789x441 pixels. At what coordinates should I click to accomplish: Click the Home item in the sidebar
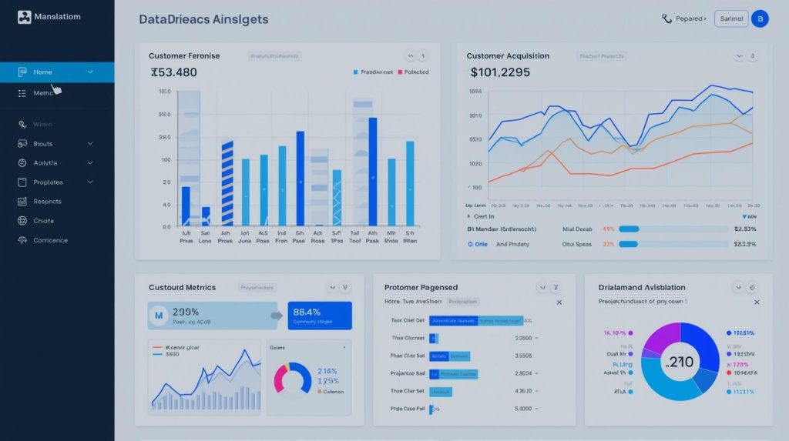[43, 72]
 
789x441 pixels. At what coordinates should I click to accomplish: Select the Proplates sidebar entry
[48, 182]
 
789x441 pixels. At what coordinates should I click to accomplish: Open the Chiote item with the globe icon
[43, 221]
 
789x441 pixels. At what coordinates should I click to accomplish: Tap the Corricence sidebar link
[50, 240]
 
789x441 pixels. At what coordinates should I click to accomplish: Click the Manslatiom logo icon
[24, 17]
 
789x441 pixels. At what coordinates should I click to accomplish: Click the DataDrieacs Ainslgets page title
[203, 19]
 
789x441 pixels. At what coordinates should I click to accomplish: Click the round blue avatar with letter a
[760, 18]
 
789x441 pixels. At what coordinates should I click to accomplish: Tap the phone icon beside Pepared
[666, 18]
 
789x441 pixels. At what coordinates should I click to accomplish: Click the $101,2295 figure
[500, 72]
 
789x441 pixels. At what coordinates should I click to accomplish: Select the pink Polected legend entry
[412, 72]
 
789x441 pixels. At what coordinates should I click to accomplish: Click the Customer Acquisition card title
[508, 56]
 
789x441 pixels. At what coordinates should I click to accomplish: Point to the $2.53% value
[745, 229]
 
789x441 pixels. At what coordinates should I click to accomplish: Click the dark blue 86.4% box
[319, 316]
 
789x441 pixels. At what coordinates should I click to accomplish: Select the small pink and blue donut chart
[293, 378]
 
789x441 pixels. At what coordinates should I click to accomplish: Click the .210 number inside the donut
[680, 362]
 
